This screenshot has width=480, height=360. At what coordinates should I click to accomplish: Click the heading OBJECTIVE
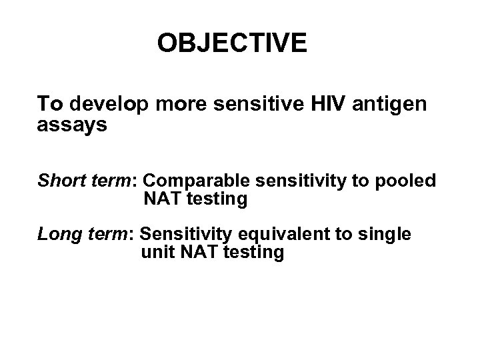(232, 43)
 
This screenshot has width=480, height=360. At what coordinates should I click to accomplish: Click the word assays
(72, 125)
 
